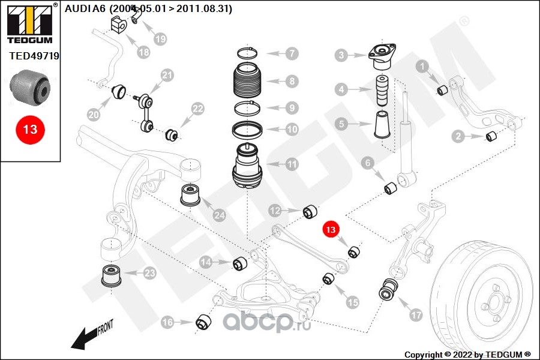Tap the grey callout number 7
coord(292,53)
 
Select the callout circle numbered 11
coord(292,163)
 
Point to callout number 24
coord(219,214)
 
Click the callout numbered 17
coord(415,314)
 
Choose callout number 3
coord(341,56)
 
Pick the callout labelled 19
coord(160,39)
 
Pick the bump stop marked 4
coord(382,91)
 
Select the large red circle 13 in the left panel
coord(30,129)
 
